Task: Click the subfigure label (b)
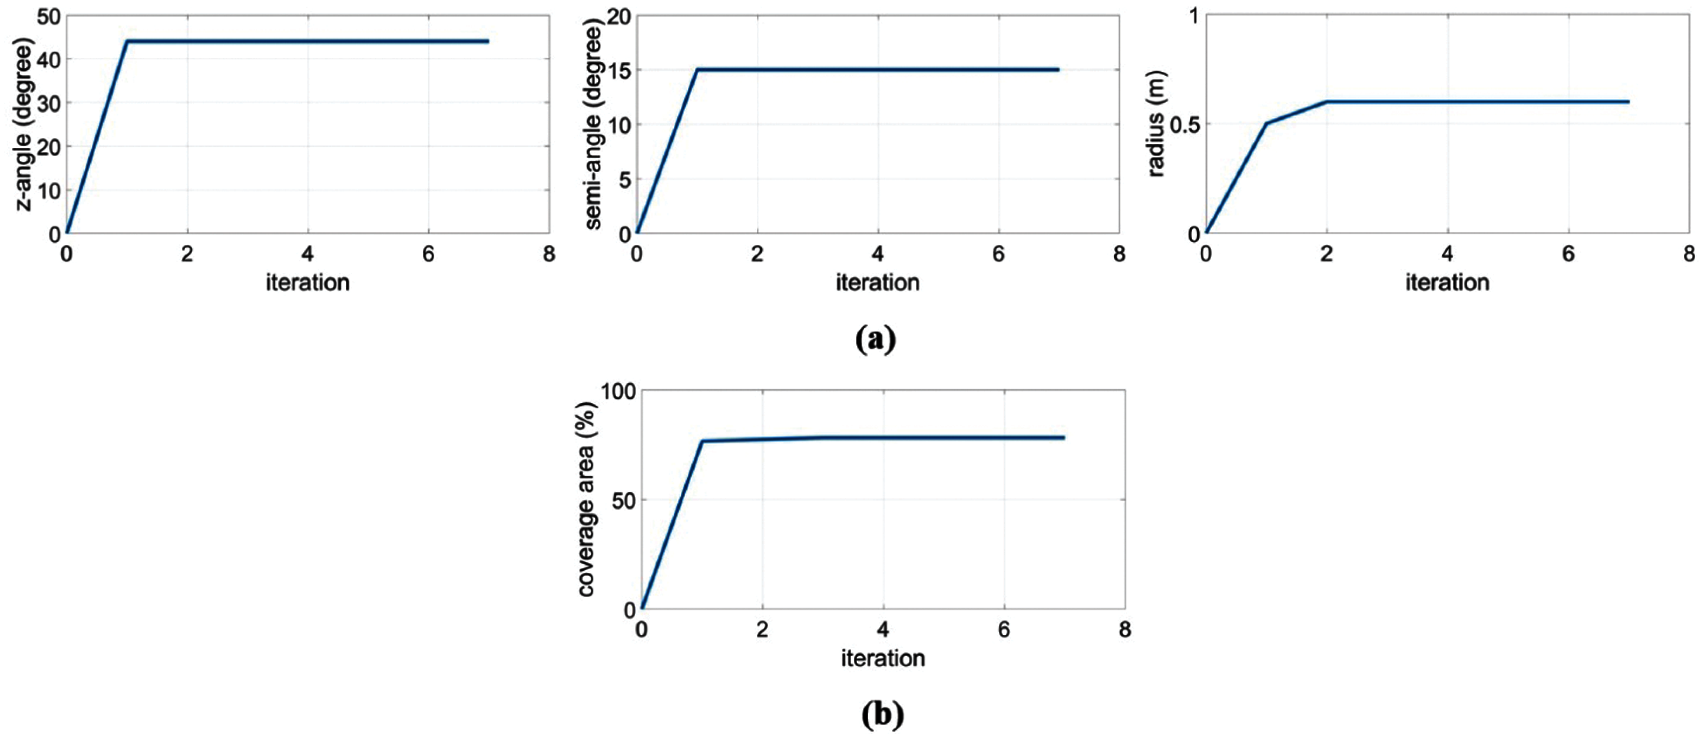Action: (x=883, y=714)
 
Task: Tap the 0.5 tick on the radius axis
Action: (x=1184, y=125)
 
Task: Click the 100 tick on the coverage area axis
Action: (x=617, y=391)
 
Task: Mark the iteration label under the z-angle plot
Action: (x=308, y=282)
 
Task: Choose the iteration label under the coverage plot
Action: (x=883, y=658)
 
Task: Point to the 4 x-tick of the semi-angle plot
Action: (x=878, y=254)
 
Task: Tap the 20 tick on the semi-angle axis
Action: (x=619, y=16)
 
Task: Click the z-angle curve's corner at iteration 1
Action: (x=127, y=41)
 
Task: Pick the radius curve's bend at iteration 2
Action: (x=1327, y=101)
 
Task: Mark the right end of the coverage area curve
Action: (x=1063, y=438)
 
